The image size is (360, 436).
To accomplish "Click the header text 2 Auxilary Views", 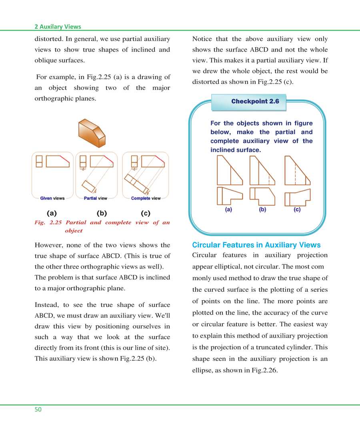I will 58,27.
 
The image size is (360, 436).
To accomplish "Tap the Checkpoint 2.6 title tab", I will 255,102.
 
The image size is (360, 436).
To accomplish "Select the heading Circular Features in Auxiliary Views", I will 256,245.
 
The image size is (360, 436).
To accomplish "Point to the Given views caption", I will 52,198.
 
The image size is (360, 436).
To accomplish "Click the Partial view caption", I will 96,198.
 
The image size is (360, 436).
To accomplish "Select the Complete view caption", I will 146,198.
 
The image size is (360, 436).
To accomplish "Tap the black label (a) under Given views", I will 52,213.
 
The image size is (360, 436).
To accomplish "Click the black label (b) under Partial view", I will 102,213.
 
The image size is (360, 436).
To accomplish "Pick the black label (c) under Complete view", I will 146,213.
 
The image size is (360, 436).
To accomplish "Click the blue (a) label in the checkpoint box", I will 228,209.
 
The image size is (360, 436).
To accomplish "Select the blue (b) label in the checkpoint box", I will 263,209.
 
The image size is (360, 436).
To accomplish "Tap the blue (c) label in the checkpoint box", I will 297,209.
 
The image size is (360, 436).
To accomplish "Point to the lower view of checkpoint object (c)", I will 297,197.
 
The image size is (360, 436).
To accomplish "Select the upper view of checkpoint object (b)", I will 262,171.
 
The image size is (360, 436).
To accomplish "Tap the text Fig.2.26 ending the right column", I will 263,370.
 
